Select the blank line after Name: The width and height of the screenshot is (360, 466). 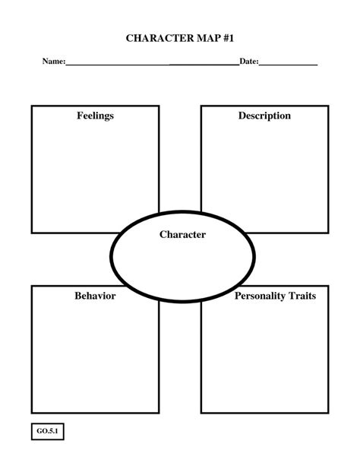click(152, 63)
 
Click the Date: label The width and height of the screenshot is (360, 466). click(249, 61)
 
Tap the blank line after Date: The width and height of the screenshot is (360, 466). click(288, 63)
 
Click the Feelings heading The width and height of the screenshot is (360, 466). click(95, 116)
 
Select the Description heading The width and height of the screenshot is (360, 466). click(264, 116)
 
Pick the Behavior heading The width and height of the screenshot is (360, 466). click(95, 296)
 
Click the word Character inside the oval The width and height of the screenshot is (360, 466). click(182, 235)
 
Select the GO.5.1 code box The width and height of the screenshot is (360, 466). click(48, 433)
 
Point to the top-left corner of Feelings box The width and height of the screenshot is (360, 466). click(32, 106)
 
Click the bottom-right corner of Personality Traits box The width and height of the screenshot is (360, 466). click(328, 412)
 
